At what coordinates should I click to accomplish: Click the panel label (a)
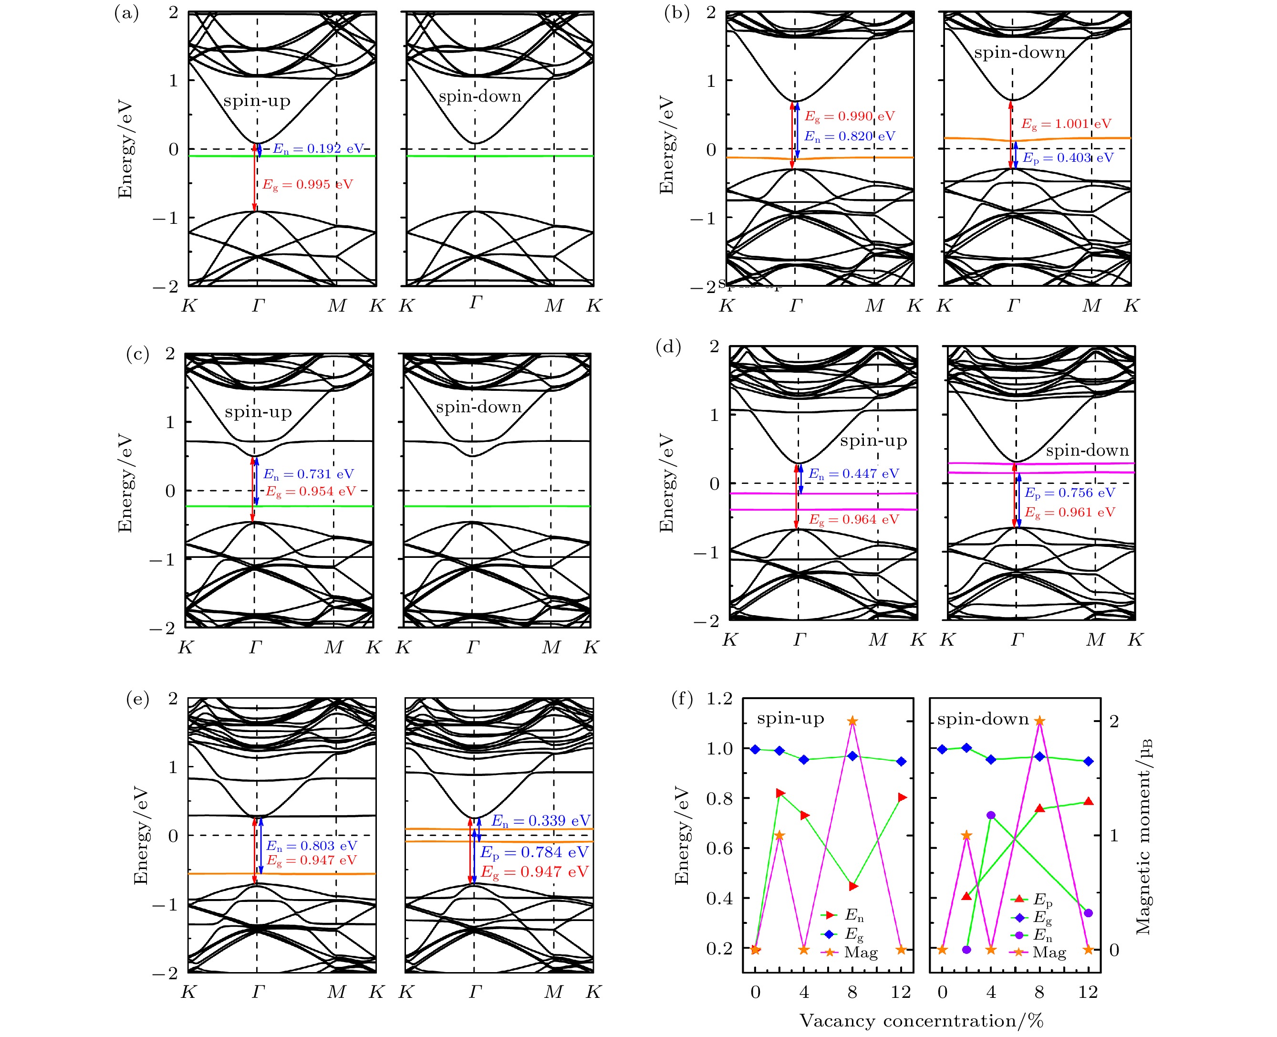coord(126,14)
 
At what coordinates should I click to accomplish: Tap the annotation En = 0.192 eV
coord(317,149)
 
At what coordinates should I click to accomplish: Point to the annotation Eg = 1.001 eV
coord(1066,124)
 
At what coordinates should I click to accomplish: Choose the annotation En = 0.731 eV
coord(309,474)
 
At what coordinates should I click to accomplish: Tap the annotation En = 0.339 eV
coord(540,821)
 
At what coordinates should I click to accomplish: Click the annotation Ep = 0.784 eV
coord(534,852)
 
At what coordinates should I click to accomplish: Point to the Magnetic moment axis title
coord(1142,836)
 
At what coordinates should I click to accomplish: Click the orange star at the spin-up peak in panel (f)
coord(852,721)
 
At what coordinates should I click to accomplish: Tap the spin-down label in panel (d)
coord(1087,450)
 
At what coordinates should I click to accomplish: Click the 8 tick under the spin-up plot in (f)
coord(852,992)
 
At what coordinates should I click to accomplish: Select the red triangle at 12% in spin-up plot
coord(902,797)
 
